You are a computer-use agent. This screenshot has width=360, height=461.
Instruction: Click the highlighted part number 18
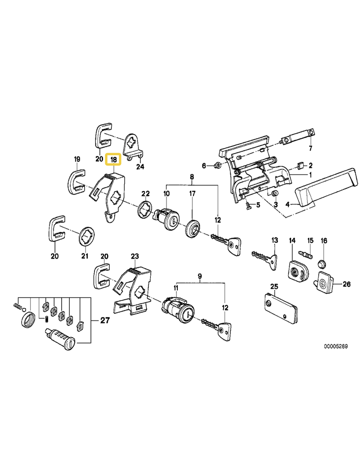coord(113,160)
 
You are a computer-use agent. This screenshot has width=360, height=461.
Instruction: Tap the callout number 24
coord(140,167)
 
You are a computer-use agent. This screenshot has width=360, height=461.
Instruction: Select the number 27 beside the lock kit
coord(105,320)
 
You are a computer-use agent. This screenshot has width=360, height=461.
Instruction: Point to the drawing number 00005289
coord(336,346)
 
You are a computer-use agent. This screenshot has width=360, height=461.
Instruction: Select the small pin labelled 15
coord(306,254)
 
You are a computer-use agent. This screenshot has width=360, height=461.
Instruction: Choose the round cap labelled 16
coord(322,264)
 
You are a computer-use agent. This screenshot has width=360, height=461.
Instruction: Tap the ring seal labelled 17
coord(193,228)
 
